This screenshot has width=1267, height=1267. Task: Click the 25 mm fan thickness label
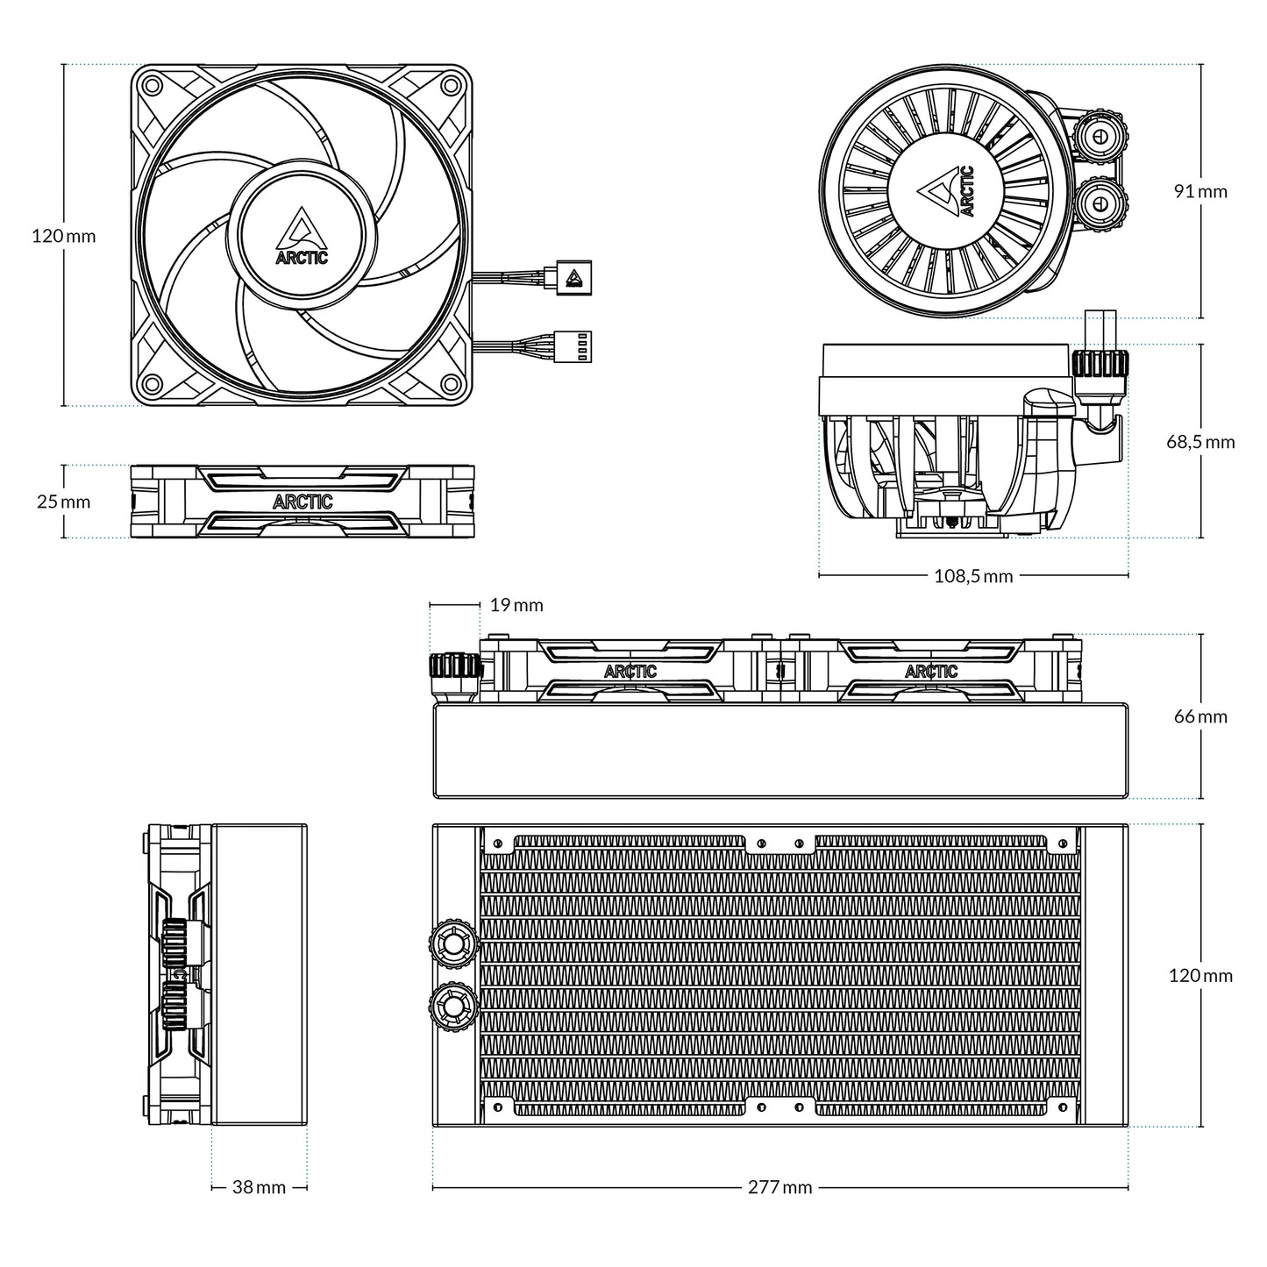(63, 502)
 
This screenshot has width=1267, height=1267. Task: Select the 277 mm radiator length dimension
(779, 1187)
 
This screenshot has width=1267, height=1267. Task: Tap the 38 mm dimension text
(259, 1187)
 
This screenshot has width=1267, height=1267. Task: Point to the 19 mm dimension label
(516, 605)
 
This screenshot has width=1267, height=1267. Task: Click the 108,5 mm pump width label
(973, 576)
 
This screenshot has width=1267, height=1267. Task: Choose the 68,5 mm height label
(1199, 441)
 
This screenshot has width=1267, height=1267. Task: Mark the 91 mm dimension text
(1200, 191)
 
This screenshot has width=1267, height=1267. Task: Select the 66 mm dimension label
(1200, 716)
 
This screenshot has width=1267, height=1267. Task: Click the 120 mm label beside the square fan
(63, 236)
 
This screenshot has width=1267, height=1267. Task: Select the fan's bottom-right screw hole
(451, 383)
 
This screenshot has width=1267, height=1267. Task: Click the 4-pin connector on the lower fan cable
(577, 346)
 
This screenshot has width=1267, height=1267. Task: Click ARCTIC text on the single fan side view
(303, 502)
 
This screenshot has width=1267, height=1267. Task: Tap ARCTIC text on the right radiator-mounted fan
(931, 672)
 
